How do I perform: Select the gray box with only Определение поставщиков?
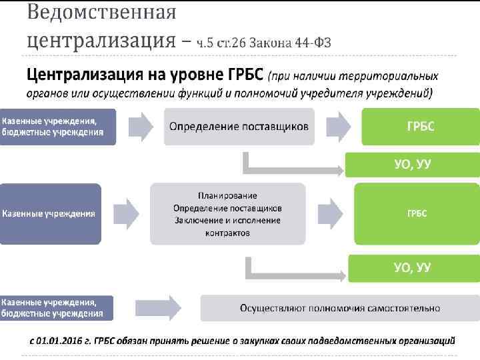tap(239, 127)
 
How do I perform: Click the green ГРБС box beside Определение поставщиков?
tap(420, 127)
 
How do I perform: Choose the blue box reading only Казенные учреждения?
tap(51, 213)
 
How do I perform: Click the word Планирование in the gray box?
tap(227, 195)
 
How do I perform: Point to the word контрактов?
tap(227, 233)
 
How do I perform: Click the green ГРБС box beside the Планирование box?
tap(417, 213)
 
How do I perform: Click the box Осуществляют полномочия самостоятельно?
tap(340, 308)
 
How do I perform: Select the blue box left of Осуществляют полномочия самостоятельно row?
tap(57, 308)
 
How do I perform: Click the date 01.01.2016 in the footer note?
tap(61, 340)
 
